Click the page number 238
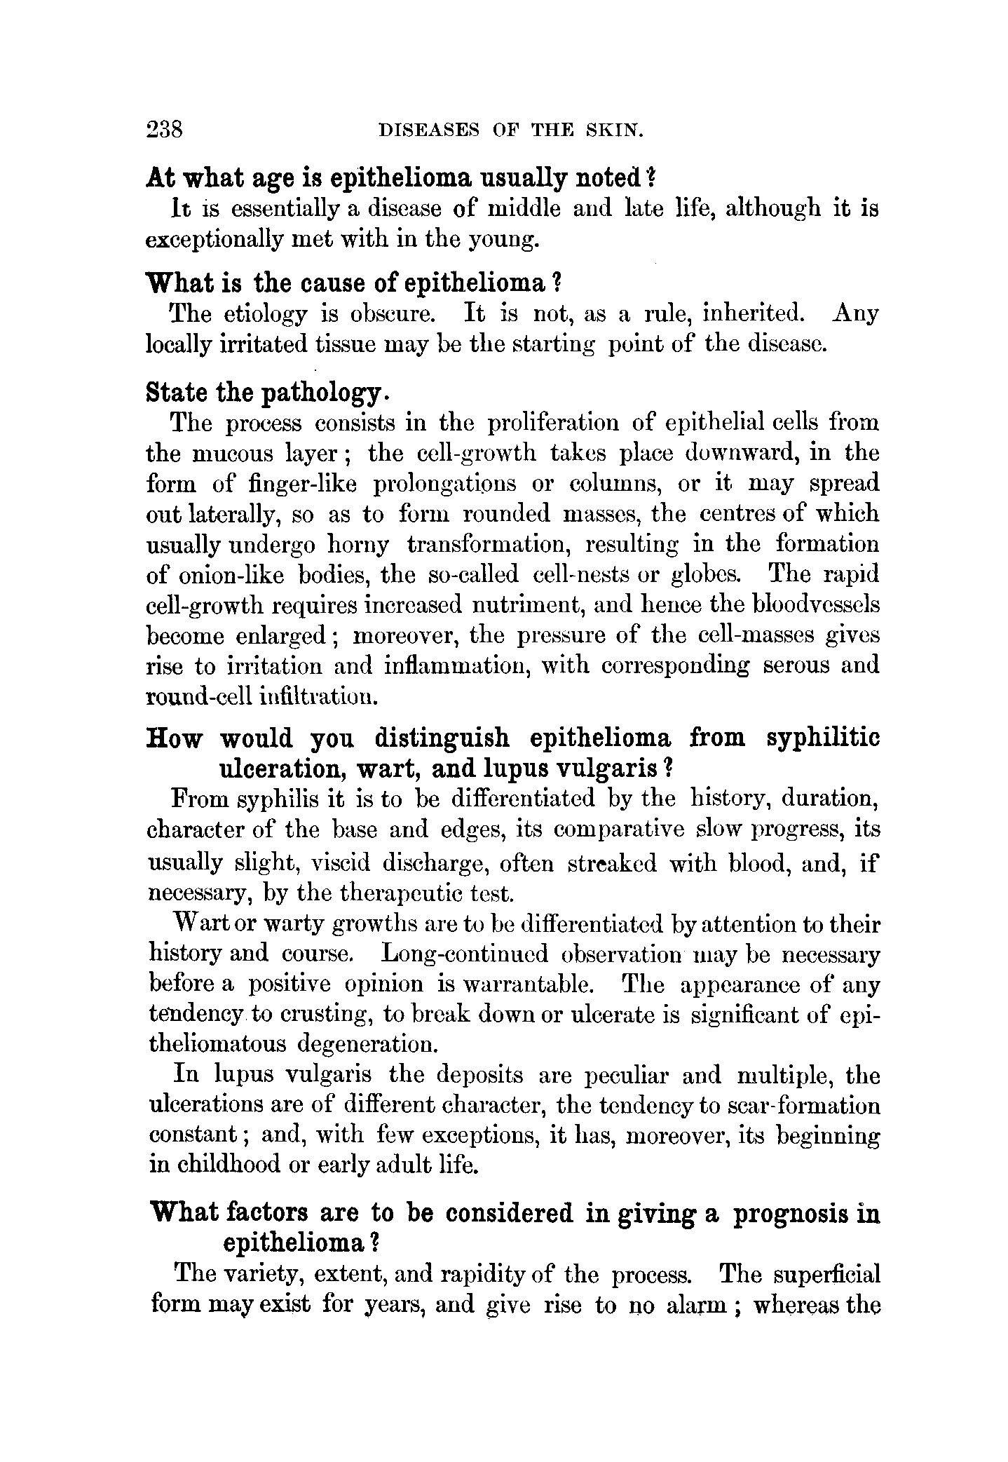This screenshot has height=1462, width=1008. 165,130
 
